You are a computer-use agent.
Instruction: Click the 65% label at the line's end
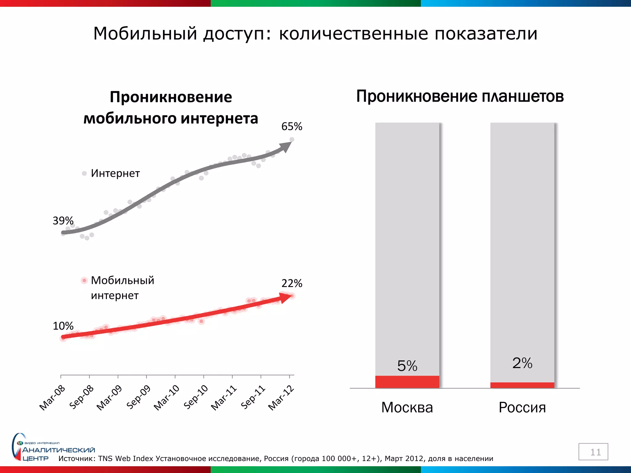coord(291,127)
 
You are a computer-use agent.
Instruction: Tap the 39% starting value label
coord(63,221)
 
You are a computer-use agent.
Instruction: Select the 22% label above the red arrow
coord(291,283)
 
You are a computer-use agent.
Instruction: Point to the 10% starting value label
coord(63,326)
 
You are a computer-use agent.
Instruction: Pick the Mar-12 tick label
coord(281,398)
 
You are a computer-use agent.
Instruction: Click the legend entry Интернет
coord(115,173)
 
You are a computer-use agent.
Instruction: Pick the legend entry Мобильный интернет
coord(122,288)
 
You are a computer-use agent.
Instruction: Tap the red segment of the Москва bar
coord(407,382)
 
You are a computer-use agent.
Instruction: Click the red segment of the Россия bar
coord(522,385)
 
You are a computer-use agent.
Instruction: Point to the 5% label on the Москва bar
coord(407,366)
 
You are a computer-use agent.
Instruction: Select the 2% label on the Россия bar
coord(522,363)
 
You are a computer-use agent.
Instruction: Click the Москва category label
coord(407,408)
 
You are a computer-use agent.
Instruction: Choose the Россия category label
coord(522,408)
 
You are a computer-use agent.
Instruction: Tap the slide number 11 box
coord(593,452)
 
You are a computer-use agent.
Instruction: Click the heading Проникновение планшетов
coord(460,96)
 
